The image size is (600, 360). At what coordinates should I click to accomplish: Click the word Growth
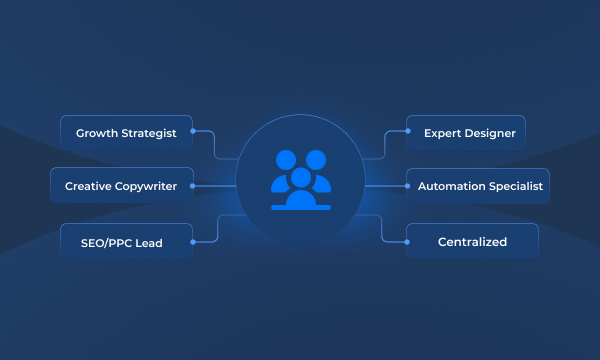coord(96,132)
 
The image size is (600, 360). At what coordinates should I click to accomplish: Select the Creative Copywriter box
coord(121,186)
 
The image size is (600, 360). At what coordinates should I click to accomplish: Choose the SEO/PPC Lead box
coord(121,242)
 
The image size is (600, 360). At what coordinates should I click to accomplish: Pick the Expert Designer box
coord(466,132)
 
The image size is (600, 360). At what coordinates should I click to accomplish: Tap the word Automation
coord(451,186)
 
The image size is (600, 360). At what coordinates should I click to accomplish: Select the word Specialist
coord(514,186)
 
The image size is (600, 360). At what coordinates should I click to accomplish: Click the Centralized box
coord(472,242)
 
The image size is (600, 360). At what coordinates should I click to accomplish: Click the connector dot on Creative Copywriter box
coord(193,186)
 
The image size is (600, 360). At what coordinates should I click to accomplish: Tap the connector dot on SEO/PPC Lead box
coord(193,242)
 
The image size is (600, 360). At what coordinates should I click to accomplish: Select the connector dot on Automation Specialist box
coord(407,186)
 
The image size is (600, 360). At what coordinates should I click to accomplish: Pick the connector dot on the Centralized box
coord(407,242)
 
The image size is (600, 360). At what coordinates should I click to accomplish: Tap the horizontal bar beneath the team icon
coord(300,207)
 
